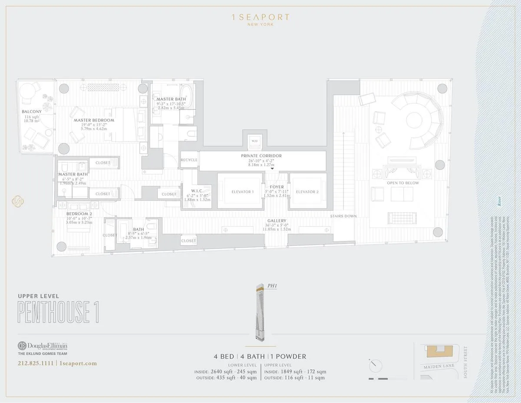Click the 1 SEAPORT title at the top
point(260,17)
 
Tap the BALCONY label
point(32,112)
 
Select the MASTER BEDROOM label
point(94,120)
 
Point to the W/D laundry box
point(254,141)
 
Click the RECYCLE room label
point(189,160)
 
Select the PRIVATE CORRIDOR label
point(261,155)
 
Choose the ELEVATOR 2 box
point(307,192)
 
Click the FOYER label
point(277,187)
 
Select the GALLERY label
point(277,221)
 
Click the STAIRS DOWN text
point(343,216)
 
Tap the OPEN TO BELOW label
point(402,183)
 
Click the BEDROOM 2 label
point(79,214)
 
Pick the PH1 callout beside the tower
point(272,286)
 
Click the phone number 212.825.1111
point(36,363)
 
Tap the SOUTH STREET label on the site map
point(466,362)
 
